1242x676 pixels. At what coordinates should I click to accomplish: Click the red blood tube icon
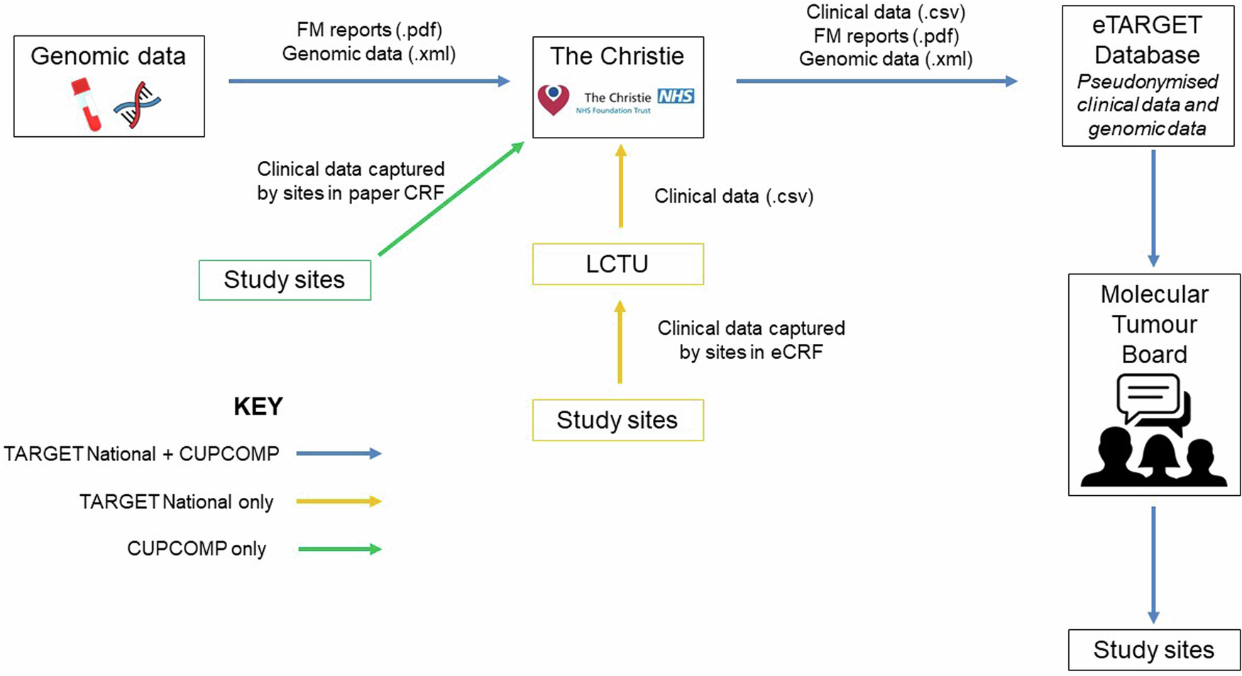[x=86, y=104]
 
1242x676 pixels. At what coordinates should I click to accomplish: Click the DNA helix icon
[x=137, y=105]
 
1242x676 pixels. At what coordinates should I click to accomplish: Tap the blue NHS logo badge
[x=675, y=96]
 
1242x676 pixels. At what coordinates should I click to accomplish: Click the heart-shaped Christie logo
[x=554, y=99]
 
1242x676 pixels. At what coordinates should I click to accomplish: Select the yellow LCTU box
[x=617, y=264]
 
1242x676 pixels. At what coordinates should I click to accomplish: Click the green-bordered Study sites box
[x=285, y=279]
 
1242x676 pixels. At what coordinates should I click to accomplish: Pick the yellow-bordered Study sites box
[x=617, y=420]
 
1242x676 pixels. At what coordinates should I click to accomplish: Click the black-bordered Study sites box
[x=1154, y=650]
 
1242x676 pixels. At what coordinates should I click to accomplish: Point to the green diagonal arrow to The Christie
[x=451, y=199]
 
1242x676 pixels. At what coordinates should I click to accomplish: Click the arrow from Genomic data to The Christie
[x=369, y=82]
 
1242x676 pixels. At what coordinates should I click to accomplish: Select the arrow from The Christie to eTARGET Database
[x=876, y=82]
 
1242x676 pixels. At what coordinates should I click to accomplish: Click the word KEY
[x=258, y=406]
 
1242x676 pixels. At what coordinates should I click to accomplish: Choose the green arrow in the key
[x=339, y=549]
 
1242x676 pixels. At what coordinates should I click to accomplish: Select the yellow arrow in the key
[x=339, y=502]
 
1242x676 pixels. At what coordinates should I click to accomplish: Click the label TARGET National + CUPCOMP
[x=141, y=454]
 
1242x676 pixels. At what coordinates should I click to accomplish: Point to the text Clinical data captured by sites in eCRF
[x=751, y=340]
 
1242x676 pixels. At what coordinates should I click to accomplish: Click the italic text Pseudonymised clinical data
[x=1147, y=94]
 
